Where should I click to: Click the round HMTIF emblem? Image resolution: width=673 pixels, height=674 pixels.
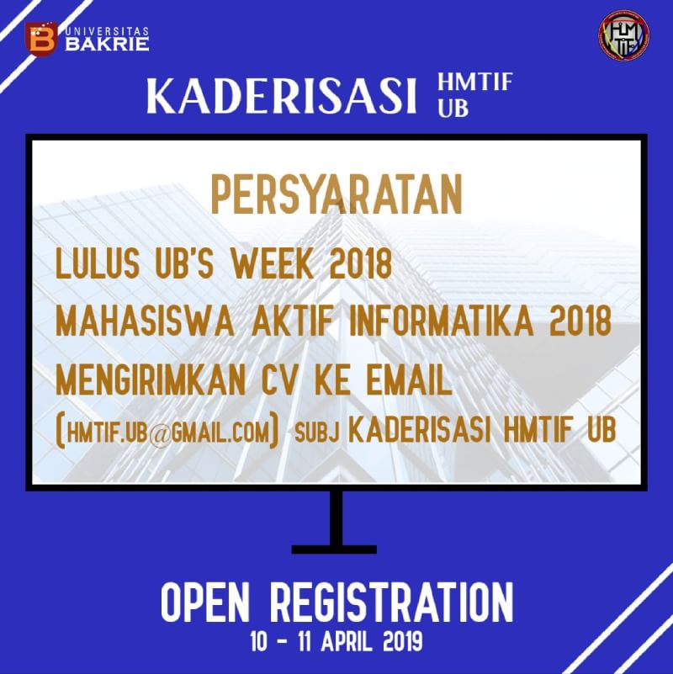[623, 34]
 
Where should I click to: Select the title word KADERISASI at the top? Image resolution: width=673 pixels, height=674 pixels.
[282, 98]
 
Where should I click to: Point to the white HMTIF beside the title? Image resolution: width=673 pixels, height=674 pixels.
[475, 85]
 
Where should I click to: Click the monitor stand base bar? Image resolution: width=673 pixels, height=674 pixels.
[336, 549]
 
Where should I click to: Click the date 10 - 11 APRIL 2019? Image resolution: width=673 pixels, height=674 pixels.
[336, 642]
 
